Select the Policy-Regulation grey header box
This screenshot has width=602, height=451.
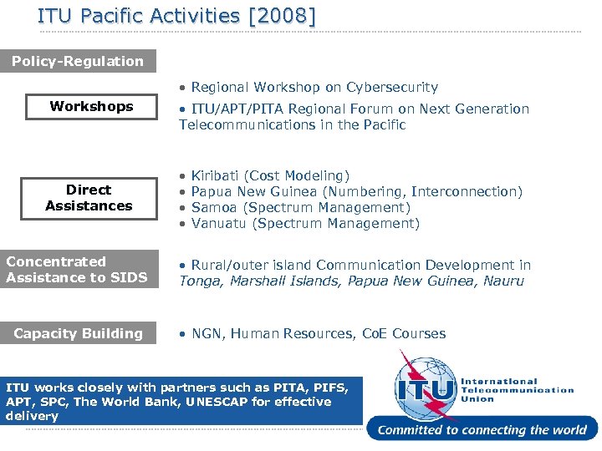tap(78, 61)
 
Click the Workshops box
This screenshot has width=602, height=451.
tap(91, 106)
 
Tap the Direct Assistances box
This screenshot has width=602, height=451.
tap(89, 198)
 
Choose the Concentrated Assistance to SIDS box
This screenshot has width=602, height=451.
tap(78, 270)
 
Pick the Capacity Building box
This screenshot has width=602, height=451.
tap(78, 333)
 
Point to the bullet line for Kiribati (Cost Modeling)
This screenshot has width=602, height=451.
tap(270, 175)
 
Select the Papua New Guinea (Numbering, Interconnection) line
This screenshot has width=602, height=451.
tap(356, 191)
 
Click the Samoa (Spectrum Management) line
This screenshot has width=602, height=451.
tap(300, 207)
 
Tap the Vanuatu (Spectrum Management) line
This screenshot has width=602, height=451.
tap(304, 223)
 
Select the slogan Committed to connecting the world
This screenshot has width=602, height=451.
tap(482, 430)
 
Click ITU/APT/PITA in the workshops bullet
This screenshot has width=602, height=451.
tap(230, 109)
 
